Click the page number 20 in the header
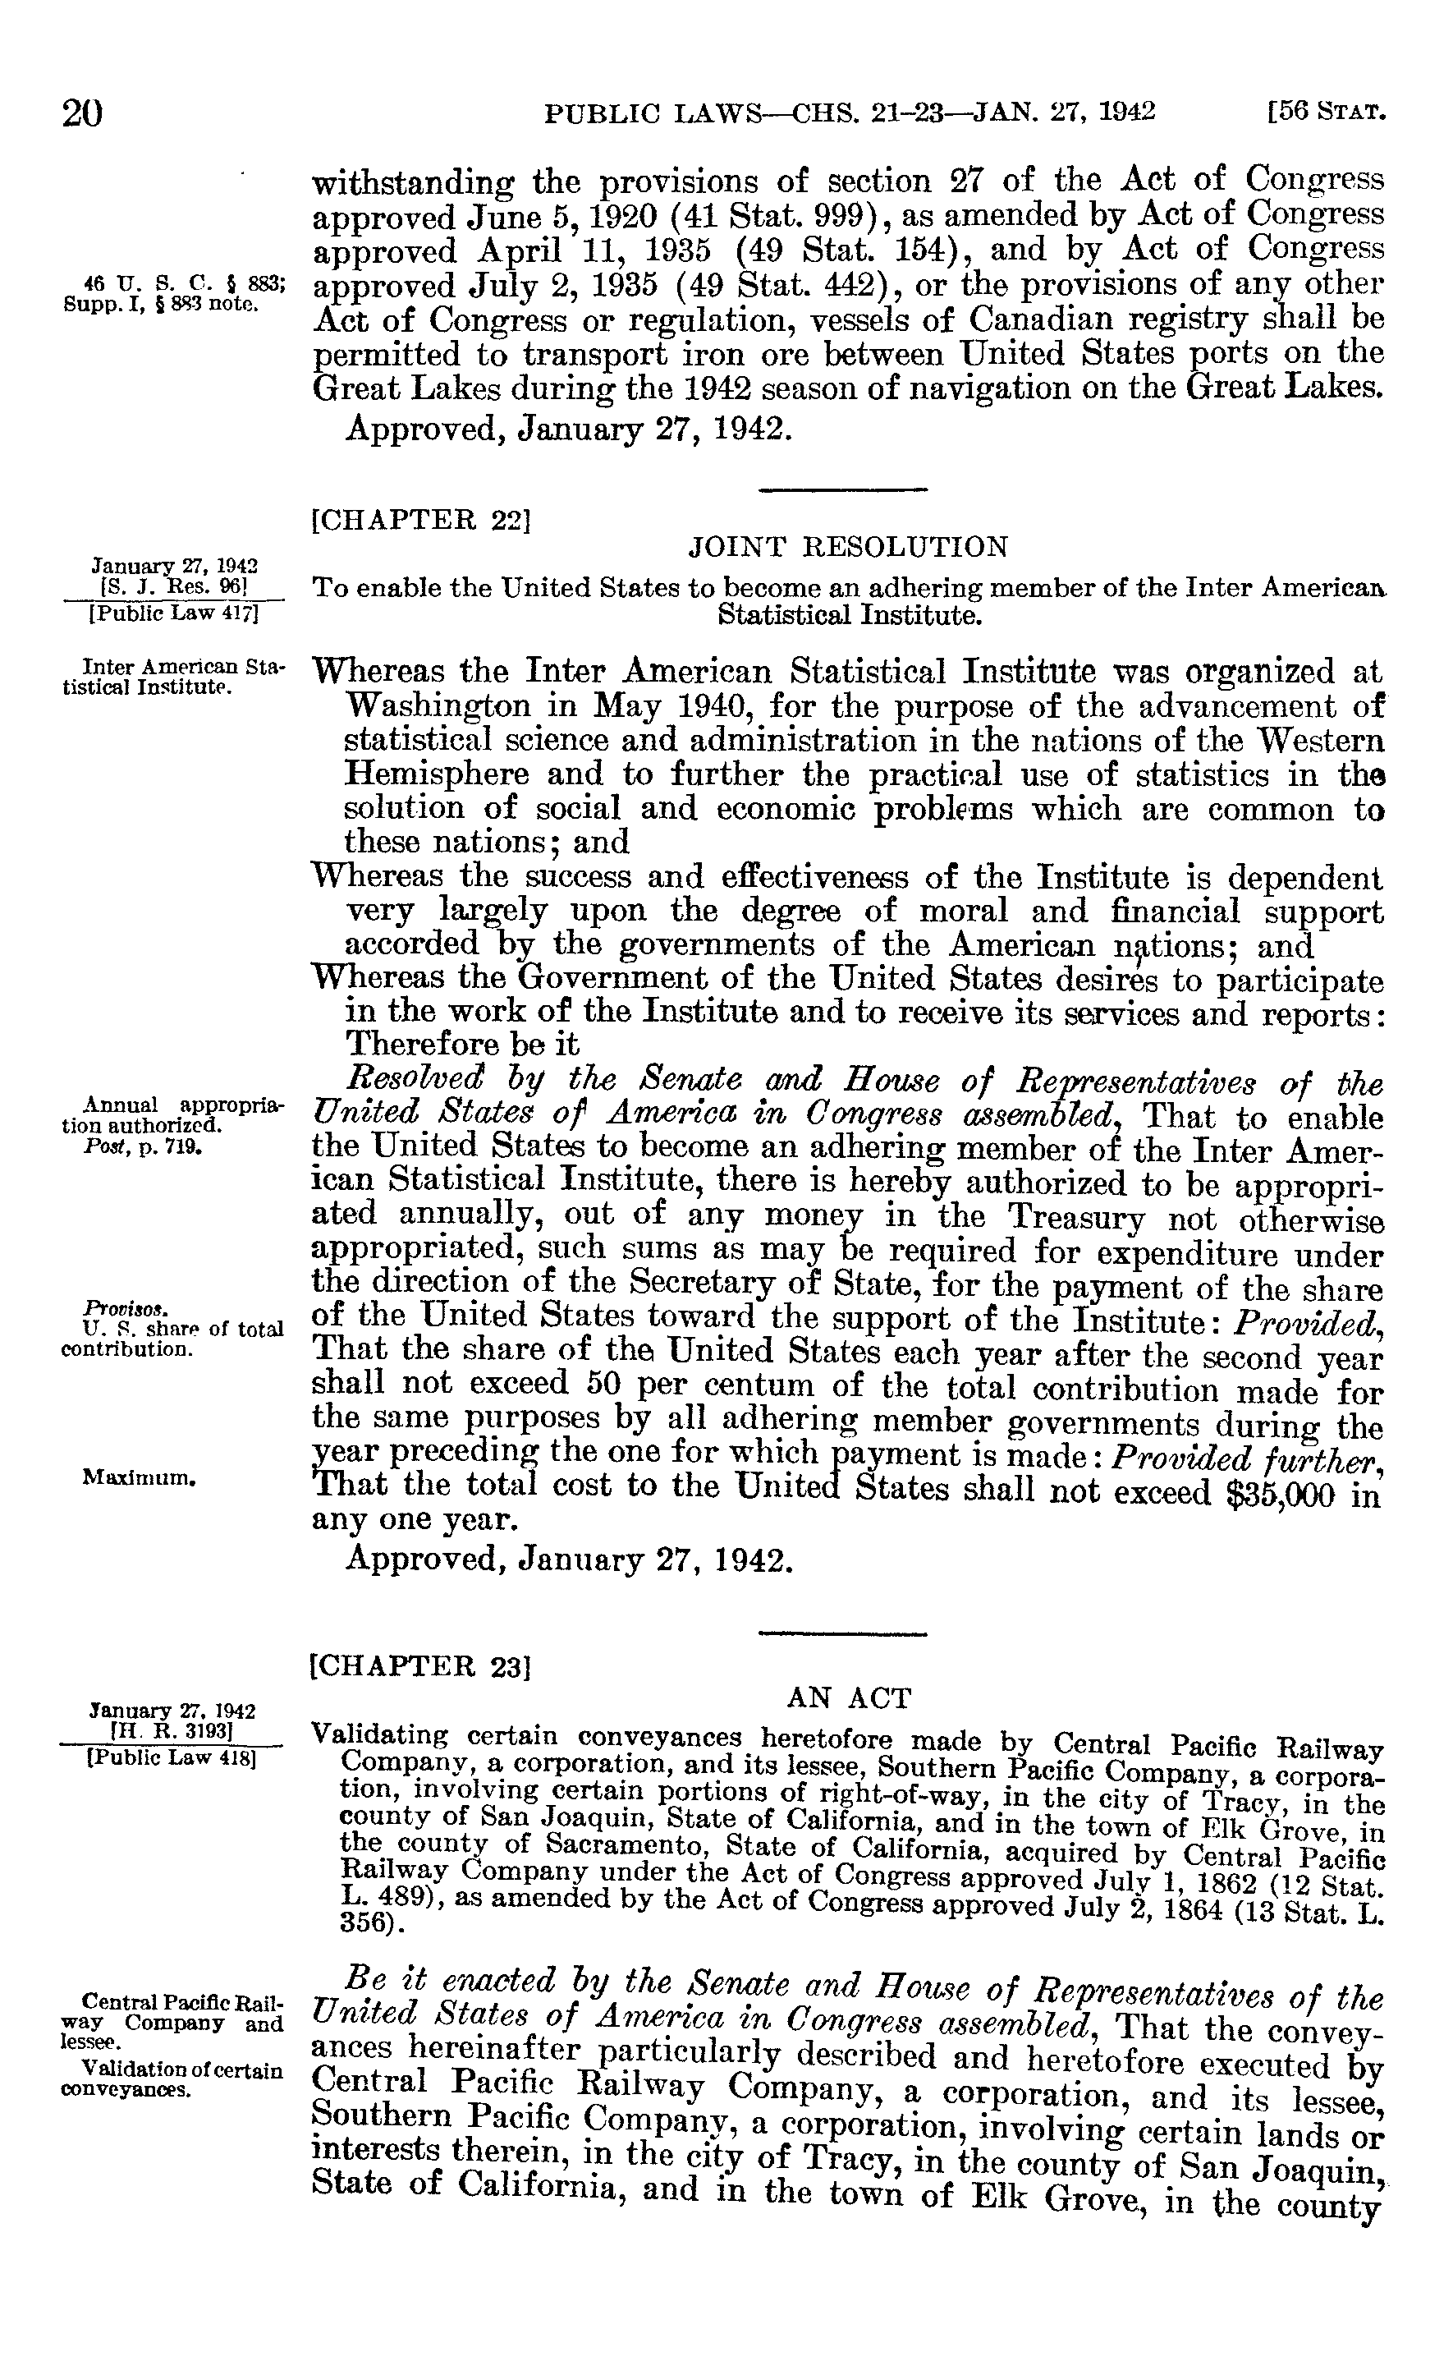coord(83,113)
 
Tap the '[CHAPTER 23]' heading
coord(422,1665)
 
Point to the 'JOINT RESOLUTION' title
coord(849,547)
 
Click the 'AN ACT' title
coord(849,1698)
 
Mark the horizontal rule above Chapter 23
coord(843,1634)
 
